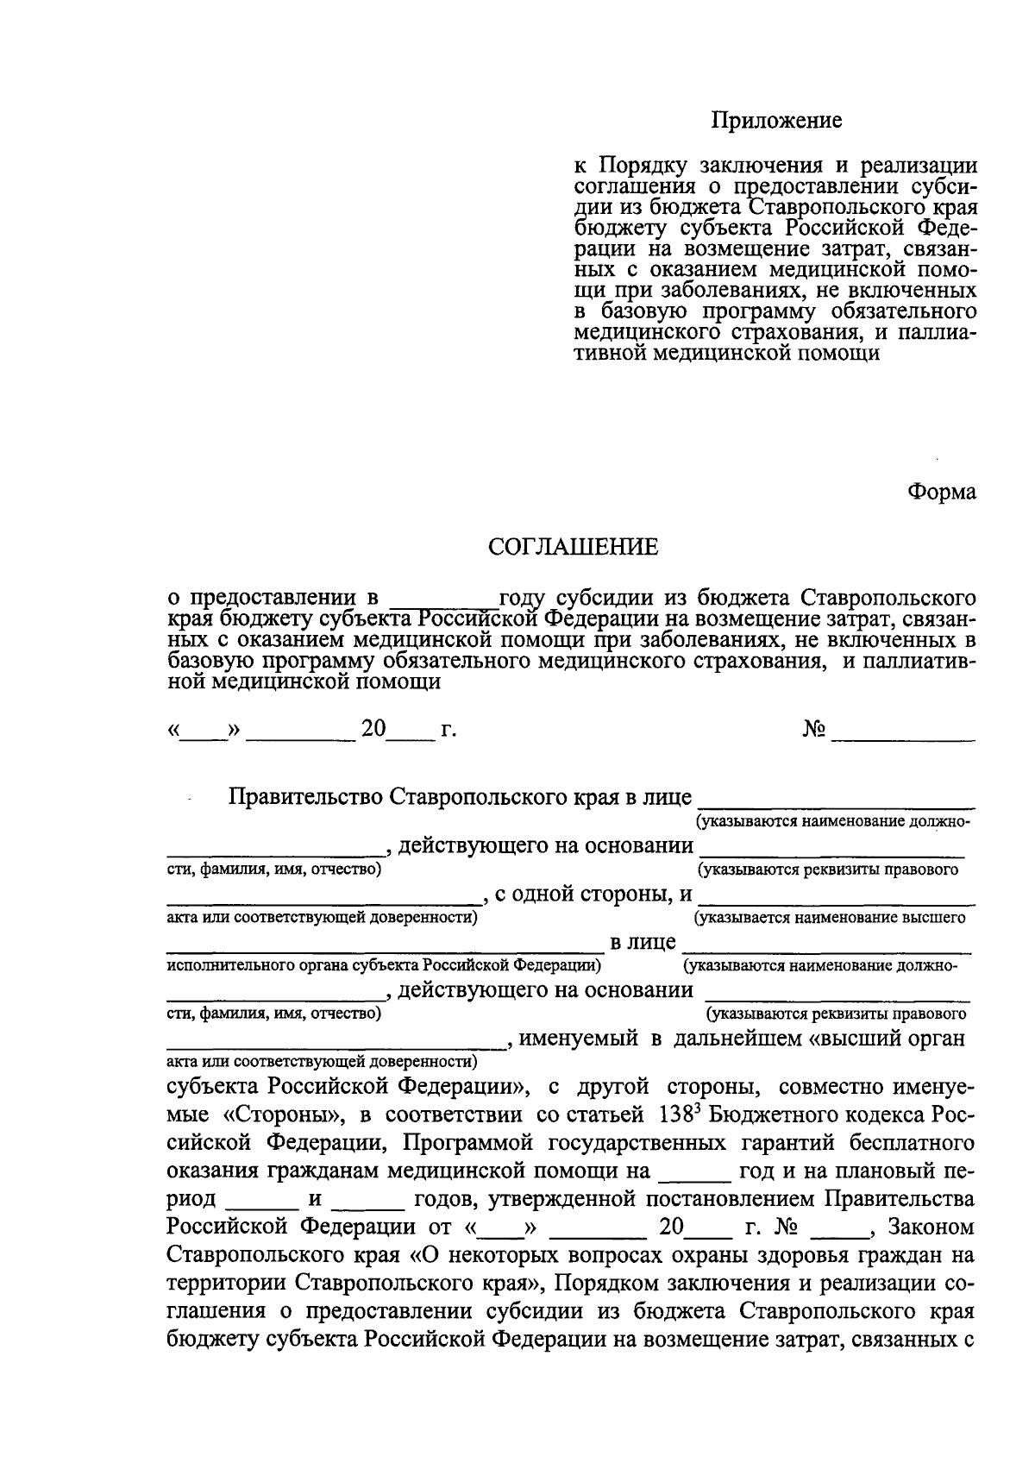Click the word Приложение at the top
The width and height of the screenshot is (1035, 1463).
775,121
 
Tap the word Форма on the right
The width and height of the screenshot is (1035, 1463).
942,492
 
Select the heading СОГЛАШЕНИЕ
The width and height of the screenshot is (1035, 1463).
573,547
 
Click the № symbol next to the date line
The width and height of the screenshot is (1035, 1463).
814,730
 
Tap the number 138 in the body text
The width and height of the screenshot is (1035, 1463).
673,1114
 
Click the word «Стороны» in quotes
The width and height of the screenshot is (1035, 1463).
280,1115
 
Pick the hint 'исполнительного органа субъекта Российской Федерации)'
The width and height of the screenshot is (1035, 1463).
383,964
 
